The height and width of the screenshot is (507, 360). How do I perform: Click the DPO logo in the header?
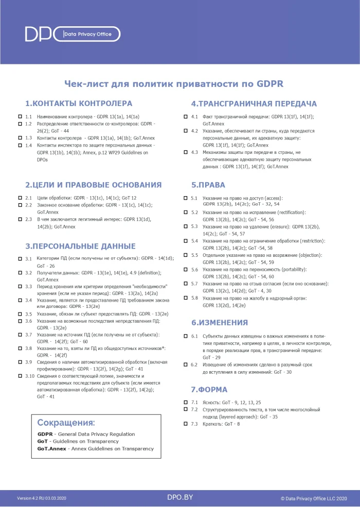(x=39, y=34)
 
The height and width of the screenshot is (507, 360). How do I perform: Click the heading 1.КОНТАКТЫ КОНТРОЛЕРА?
(x=79, y=103)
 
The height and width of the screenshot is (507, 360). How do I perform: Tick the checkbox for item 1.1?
(x=20, y=117)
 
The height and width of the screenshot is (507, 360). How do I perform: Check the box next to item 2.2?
(x=20, y=205)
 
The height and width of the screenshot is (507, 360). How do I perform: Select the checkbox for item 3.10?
(x=20, y=376)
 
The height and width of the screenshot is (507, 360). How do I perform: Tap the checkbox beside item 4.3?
(x=186, y=152)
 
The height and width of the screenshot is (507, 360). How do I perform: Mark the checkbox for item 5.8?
(x=186, y=298)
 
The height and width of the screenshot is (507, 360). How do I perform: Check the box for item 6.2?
(x=186, y=364)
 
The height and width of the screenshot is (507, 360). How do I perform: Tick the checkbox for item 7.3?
(x=186, y=424)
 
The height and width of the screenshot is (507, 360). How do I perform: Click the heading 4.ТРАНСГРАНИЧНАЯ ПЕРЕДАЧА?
(x=254, y=103)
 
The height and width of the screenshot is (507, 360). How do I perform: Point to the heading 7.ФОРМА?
(x=209, y=390)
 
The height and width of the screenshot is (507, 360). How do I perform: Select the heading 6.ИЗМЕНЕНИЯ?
(x=220, y=323)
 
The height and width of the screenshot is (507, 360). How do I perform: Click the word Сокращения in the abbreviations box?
(x=66, y=423)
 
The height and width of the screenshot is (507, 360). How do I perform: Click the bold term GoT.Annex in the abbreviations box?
(x=51, y=448)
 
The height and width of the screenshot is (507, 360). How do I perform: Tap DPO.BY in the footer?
(x=180, y=497)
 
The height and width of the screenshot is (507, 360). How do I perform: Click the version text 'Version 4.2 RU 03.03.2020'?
(x=42, y=498)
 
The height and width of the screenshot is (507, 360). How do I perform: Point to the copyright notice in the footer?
(x=314, y=498)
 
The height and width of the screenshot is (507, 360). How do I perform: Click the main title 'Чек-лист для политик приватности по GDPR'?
(x=173, y=84)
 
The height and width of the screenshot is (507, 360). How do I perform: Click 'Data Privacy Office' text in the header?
(x=87, y=34)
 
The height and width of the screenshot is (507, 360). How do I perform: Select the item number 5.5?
(x=194, y=255)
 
